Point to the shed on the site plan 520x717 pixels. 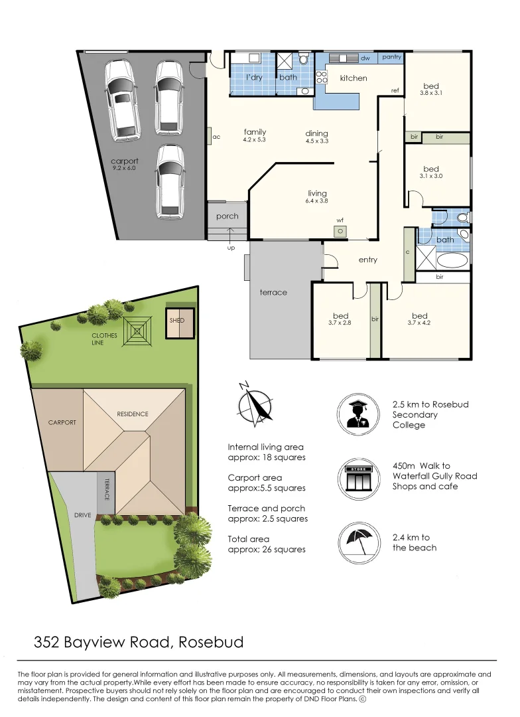[x=180, y=324]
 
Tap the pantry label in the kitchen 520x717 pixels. [x=391, y=58]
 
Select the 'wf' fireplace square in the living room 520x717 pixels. [x=340, y=230]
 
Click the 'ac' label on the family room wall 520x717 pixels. [x=216, y=137]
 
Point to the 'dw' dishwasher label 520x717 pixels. [x=365, y=58]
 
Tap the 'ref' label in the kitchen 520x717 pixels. [x=395, y=90]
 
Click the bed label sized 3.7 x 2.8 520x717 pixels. [x=341, y=316]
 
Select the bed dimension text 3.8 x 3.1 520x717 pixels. [x=431, y=94]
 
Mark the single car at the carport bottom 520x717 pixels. [x=170, y=182]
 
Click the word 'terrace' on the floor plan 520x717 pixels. [x=273, y=292]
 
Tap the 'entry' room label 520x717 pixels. [x=368, y=260]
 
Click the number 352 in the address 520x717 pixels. [x=47, y=643]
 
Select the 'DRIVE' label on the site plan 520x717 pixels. [x=82, y=515]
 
